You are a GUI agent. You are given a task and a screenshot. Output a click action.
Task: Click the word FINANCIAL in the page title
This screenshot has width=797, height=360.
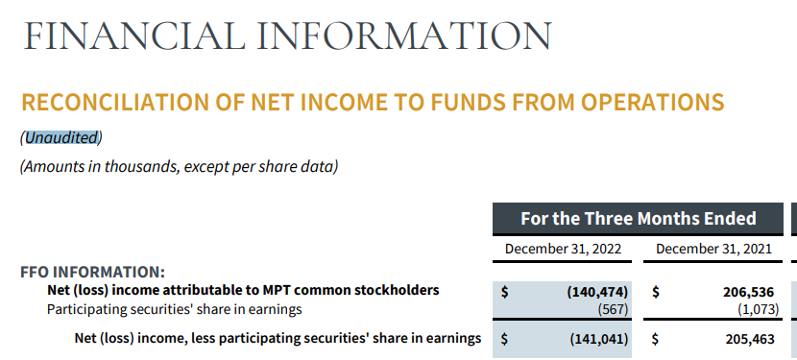pos(134,36)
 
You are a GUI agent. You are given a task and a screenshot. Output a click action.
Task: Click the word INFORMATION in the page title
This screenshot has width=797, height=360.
pos(404,36)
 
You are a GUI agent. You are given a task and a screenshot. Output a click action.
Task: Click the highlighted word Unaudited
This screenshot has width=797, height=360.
pos(61,137)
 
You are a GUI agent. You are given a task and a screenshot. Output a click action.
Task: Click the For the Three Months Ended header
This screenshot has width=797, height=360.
pos(638,219)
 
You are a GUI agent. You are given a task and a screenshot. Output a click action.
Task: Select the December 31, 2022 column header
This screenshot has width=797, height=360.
pos(563,249)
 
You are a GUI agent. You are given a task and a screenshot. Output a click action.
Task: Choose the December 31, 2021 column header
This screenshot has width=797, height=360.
pos(713,249)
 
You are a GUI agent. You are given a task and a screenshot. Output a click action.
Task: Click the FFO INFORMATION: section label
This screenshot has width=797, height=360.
pos(92,272)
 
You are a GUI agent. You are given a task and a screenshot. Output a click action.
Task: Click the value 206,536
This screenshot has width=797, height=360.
pos(748,292)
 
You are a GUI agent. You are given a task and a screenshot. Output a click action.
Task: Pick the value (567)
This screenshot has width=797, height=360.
pos(613,309)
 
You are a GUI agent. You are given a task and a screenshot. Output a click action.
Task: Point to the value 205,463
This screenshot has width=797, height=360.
pos(750,339)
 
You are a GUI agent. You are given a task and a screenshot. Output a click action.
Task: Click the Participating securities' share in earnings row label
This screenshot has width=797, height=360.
pos(175,309)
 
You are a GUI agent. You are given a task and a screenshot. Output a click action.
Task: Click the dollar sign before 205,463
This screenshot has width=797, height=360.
pos(656,339)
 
